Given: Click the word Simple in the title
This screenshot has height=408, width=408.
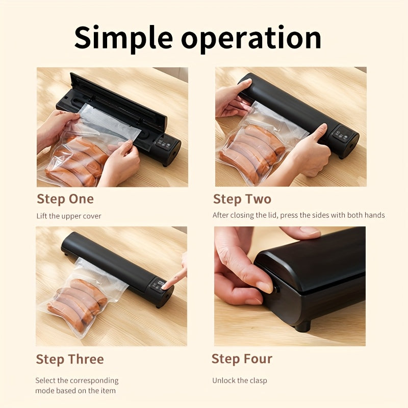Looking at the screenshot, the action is (123, 38).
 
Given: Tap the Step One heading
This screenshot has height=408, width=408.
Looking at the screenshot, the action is (65, 199).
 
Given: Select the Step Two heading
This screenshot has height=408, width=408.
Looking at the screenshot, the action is (242, 199).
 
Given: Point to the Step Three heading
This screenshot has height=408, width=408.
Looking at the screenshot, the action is (70, 360).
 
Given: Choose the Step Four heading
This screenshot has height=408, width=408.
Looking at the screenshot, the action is (242, 359).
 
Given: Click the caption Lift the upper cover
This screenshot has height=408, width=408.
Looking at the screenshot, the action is (69, 216).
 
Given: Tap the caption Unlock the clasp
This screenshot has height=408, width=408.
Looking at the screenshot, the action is (240, 380).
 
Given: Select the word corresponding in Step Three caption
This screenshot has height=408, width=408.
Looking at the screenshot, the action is (94, 380).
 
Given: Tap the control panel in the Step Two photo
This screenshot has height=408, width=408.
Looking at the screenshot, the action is (344, 134).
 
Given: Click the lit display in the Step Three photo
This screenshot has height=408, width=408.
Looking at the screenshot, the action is (161, 283).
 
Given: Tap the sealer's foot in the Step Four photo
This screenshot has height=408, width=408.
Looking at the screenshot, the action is (303, 326).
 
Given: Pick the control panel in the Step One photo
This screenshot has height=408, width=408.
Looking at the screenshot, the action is (163, 144).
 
